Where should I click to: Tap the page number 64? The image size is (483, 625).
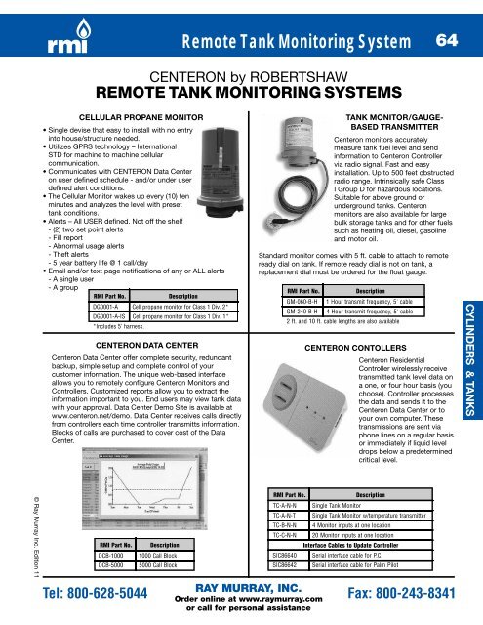pyautogui.click(x=447, y=41)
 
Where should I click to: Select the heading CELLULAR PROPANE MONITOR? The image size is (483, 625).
pyautogui.click(x=126, y=115)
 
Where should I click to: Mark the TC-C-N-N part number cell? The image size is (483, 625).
pyautogui.click(x=286, y=534)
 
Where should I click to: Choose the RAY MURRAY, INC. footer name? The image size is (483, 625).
pyautogui.click(x=240, y=589)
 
